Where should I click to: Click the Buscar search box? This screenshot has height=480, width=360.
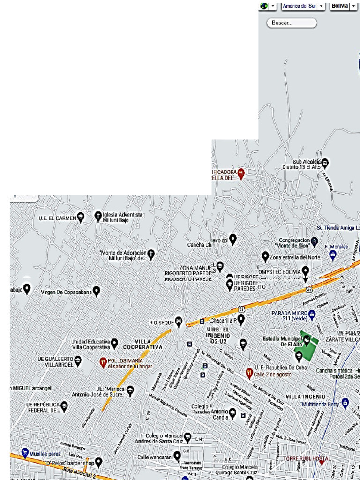tap(292, 22)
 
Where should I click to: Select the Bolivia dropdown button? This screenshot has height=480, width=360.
tap(340, 6)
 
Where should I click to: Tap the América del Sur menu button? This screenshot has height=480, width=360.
tap(300, 6)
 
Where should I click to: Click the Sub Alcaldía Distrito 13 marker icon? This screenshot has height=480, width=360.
tap(325, 163)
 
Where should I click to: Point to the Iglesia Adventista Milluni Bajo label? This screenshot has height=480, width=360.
tap(122, 217)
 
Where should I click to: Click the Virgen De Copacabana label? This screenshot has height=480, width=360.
tap(66, 292)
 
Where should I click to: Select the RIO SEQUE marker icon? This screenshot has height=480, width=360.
tap(179, 321)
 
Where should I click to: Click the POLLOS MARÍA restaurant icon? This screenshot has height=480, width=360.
tap(103, 362)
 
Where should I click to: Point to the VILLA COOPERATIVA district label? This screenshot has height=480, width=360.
tap(142, 345)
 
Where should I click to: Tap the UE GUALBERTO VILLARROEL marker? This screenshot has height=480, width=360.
tap(78, 361)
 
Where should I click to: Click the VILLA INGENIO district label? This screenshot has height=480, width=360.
tap(305, 396)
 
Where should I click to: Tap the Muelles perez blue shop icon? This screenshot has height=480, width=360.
tap(24, 454)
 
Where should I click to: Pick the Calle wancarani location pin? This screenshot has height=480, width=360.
tap(177, 456)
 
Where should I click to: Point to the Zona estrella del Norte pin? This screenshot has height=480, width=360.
tap(265, 256)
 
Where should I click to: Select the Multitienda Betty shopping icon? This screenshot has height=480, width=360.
tap(345, 403)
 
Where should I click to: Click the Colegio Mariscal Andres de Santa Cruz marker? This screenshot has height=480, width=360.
tap(187, 437)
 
